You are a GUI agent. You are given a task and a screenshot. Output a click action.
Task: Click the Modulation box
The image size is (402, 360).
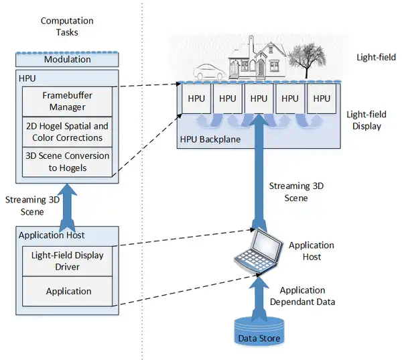coord(67,60)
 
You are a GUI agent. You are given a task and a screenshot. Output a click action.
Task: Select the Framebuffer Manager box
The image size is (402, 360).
coord(67,101)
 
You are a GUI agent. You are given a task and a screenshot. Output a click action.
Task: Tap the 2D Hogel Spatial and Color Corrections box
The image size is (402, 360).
coord(67,132)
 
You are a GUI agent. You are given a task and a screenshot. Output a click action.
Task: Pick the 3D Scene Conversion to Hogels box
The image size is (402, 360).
coord(67,162)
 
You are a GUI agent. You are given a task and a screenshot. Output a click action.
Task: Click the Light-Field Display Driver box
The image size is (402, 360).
coord(68,261)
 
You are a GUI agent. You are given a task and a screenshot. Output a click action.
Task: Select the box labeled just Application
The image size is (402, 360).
coord(68,291)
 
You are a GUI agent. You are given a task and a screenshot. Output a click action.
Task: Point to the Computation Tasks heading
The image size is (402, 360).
coord(67,26)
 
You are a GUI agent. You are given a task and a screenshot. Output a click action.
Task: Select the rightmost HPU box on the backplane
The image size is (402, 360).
coord(322,99)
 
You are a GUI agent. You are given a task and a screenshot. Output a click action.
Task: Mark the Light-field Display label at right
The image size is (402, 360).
coord(366,120)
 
